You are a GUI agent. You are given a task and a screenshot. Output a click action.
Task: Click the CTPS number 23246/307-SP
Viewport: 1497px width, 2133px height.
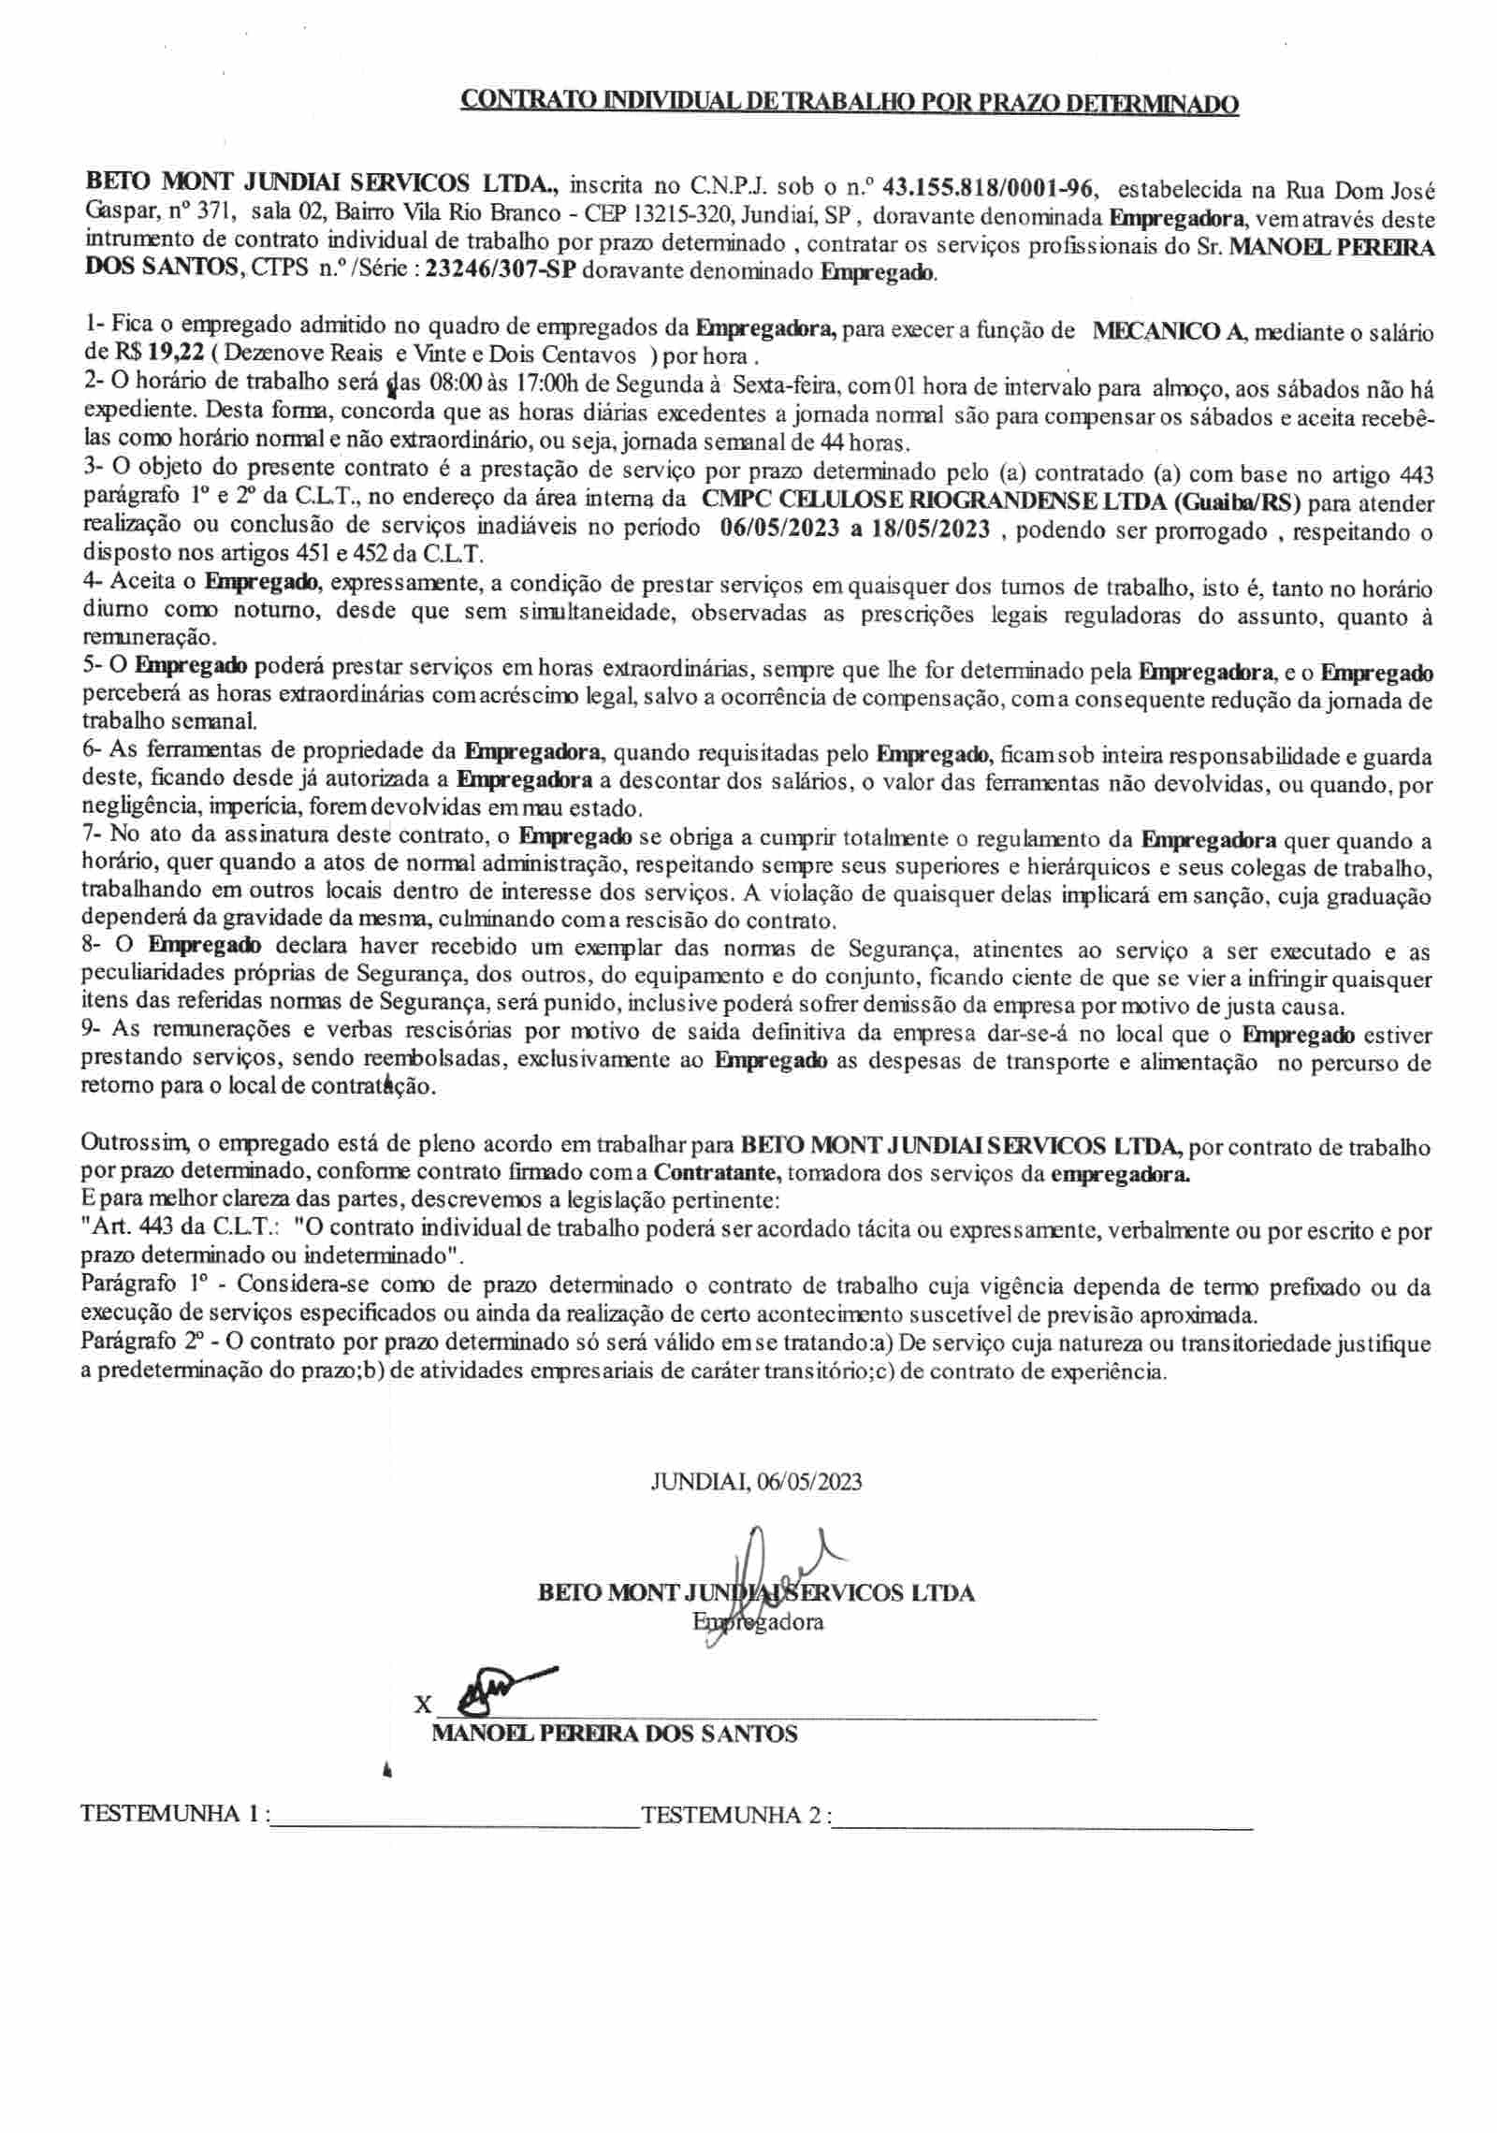(x=501, y=274)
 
